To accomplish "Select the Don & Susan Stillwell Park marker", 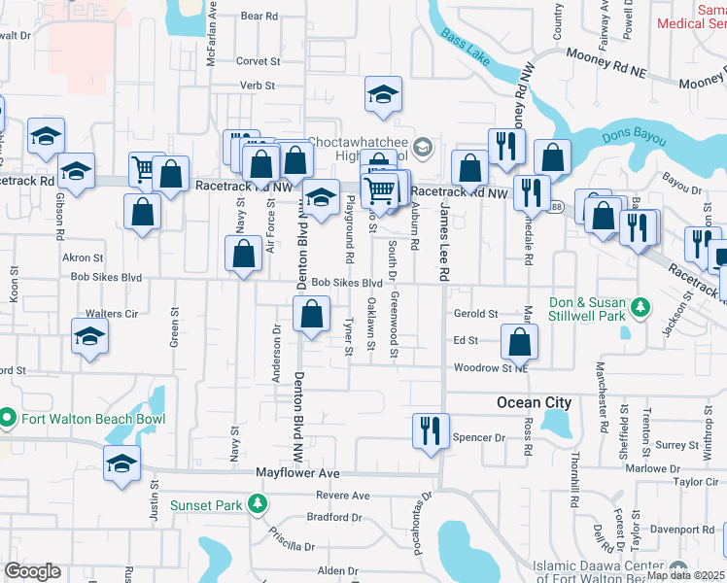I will point(640,308).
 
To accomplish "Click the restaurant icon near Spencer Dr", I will point(429,429).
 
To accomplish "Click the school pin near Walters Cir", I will point(89,338).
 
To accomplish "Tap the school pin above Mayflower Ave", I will point(122,463).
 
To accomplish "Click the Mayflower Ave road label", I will point(297,473).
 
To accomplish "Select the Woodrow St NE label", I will point(491,368).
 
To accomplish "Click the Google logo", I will point(32,571).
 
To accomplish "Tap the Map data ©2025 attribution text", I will point(686,575).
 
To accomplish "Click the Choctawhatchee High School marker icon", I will point(422,148).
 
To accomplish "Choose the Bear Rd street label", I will point(259,17).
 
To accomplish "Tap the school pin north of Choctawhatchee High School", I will point(383,95).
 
